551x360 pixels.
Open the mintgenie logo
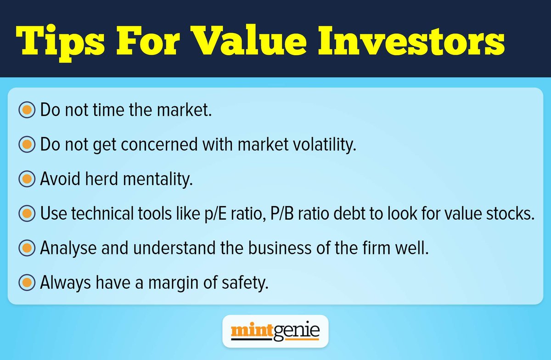click(x=275, y=331)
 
